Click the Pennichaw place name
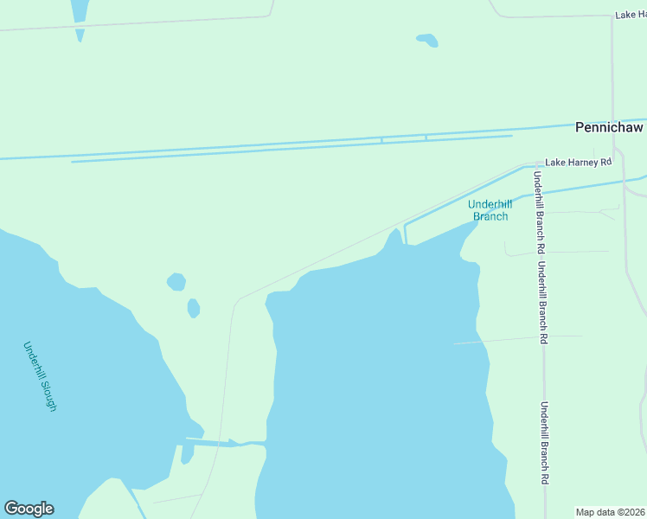point(609,127)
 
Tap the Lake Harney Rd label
point(578,162)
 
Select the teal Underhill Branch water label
point(490,210)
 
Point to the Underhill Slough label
point(40,376)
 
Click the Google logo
point(29,509)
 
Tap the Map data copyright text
point(610,512)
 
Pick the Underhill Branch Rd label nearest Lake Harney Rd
point(538,207)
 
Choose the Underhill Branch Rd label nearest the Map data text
point(545,455)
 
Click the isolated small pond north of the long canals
point(427,40)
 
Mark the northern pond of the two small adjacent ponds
point(176,281)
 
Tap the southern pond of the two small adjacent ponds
point(194,308)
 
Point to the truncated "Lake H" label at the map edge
point(631,15)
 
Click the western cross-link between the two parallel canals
point(381,139)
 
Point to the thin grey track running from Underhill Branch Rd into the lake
point(519,339)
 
